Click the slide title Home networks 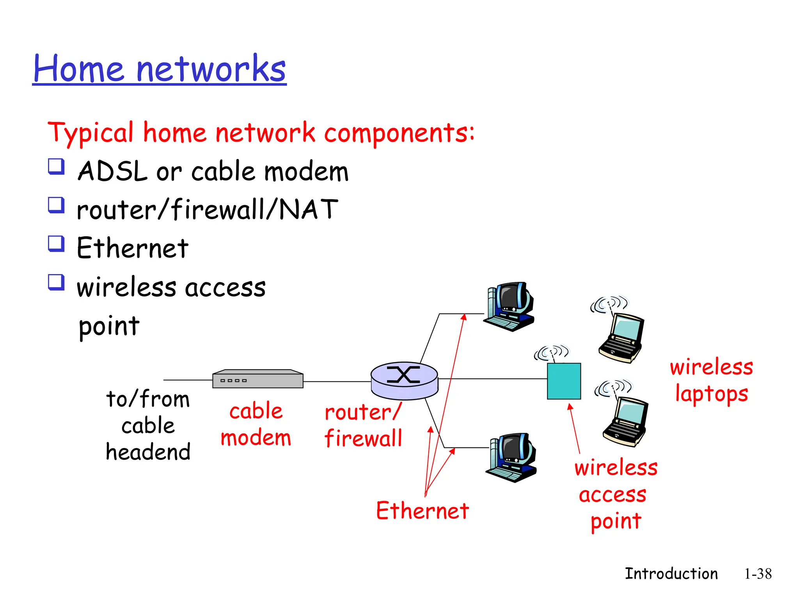(160, 69)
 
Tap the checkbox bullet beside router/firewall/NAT (56, 205)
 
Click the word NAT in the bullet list (309, 209)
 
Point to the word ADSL (113, 172)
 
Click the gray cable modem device (257, 379)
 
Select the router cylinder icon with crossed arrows (404, 380)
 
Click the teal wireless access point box (564, 381)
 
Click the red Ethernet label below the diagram (422, 510)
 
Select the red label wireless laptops (711, 380)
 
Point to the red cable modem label (256, 424)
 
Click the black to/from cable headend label (148, 425)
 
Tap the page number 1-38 (758, 574)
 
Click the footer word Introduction (671, 574)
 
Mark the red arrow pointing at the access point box (574, 429)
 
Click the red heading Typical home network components (261, 133)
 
